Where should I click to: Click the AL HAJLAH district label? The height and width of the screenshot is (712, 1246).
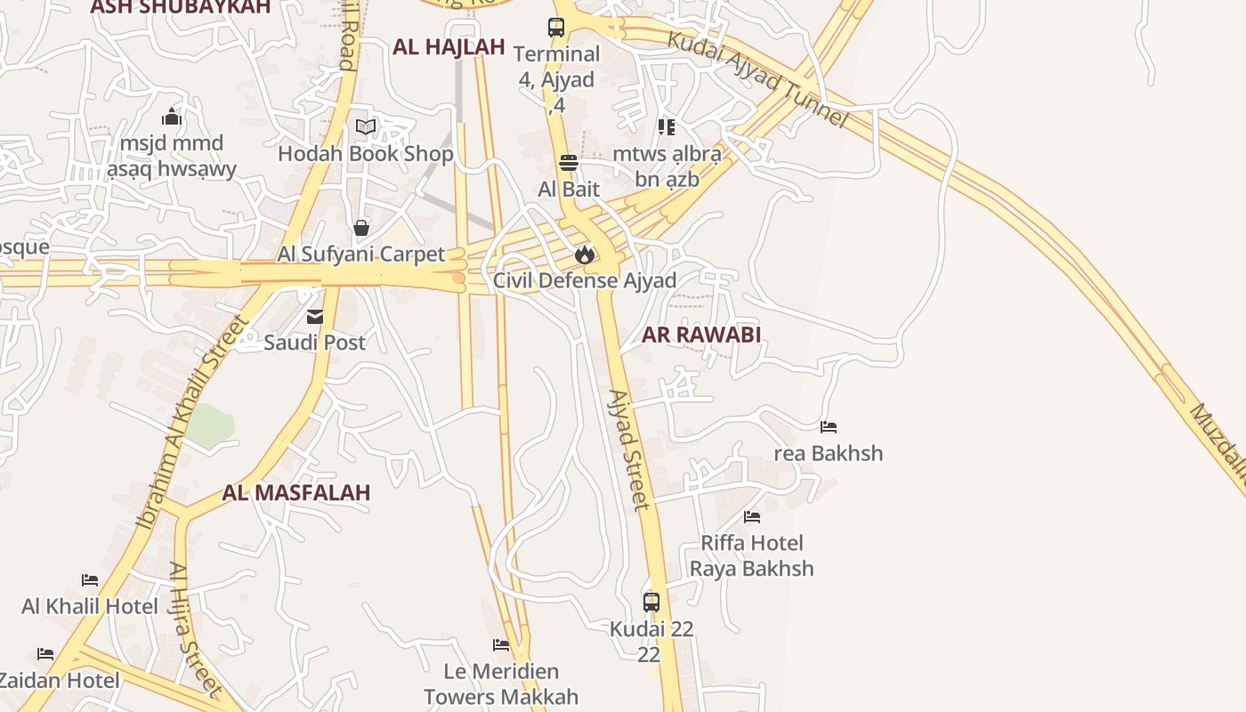pyautogui.click(x=449, y=47)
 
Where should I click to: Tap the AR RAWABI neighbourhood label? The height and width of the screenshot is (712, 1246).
pyautogui.click(x=701, y=335)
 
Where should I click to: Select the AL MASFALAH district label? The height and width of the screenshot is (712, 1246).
pyautogui.click(x=296, y=492)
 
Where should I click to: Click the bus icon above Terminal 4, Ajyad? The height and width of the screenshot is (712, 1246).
pyautogui.click(x=556, y=28)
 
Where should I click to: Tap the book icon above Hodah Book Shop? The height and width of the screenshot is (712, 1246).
pyautogui.click(x=366, y=127)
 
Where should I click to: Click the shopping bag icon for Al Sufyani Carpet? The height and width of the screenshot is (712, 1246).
pyautogui.click(x=361, y=228)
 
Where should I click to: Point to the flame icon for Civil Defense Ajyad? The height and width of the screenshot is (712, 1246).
pyautogui.click(x=584, y=255)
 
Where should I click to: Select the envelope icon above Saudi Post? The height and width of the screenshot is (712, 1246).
pyautogui.click(x=315, y=317)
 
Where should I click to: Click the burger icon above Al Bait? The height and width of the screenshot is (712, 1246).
pyautogui.click(x=569, y=163)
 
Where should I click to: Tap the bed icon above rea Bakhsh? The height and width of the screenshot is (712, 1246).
pyautogui.click(x=829, y=427)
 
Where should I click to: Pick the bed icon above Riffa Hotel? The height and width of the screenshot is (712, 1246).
pyautogui.click(x=752, y=517)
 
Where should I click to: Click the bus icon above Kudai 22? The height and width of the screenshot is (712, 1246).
pyautogui.click(x=651, y=603)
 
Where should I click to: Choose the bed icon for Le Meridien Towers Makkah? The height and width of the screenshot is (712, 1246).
pyautogui.click(x=501, y=645)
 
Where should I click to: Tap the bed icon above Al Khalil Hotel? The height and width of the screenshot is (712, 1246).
pyautogui.click(x=90, y=580)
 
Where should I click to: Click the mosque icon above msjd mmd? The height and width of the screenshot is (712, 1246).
pyautogui.click(x=172, y=117)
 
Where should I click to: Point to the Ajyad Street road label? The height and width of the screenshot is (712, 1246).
pyautogui.click(x=628, y=450)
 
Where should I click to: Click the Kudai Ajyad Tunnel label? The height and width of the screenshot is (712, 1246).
pyautogui.click(x=756, y=80)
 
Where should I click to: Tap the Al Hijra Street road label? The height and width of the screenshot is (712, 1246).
pyautogui.click(x=194, y=627)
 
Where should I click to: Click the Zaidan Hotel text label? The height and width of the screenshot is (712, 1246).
pyautogui.click(x=59, y=681)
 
